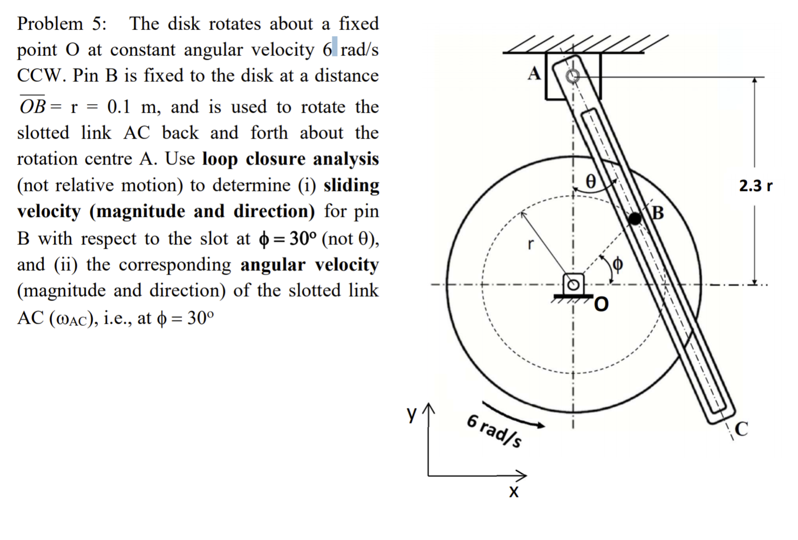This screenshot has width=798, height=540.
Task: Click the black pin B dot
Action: click(x=635, y=218)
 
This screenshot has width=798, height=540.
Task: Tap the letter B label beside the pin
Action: click(x=658, y=213)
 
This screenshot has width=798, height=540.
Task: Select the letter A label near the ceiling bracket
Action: click(x=534, y=73)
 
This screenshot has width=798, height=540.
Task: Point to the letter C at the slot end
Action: click(x=741, y=429)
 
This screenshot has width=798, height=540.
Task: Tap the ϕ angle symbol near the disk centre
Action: click(x=618, y=264)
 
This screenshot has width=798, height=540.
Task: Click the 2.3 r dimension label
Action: click(x=755, y=186)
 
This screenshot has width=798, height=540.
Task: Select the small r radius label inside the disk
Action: click(x=531, y=245)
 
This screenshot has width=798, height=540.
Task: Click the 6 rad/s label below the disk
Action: click(x=494, y=430)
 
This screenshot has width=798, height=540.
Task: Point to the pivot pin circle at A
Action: click(x=572, y=76)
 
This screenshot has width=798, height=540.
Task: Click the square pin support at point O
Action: click(x=573, y=284)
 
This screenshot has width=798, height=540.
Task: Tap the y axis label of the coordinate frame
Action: click(x=412, y=414)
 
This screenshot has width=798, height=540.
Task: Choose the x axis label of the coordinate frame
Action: click(x=514, y=492)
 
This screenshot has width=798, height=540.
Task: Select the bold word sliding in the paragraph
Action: click(x=351, y=185)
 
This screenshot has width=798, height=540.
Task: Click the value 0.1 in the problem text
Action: click(x=119, y=107)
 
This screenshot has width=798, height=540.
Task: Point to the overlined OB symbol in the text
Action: click(x=32, y=106)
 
